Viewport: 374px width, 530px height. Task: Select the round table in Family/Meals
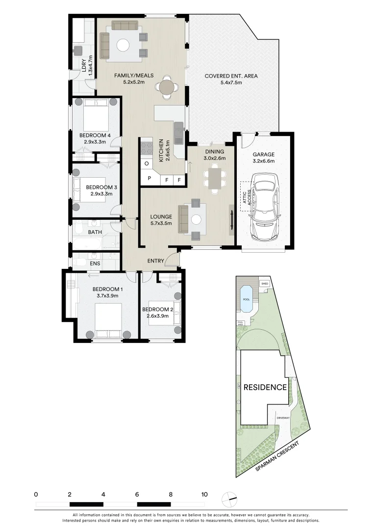click(x=167, y=88)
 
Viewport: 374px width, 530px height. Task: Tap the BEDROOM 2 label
click(x=155, y=310)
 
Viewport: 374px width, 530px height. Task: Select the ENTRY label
click(x=156, y=261)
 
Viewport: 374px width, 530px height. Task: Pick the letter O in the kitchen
click(x=147, y=163)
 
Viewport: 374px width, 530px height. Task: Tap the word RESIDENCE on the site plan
click(x=265, y=387)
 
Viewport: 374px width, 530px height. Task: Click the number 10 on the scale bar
click(x=204, y=494)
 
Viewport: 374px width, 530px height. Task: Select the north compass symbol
click(x=229, y=499)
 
